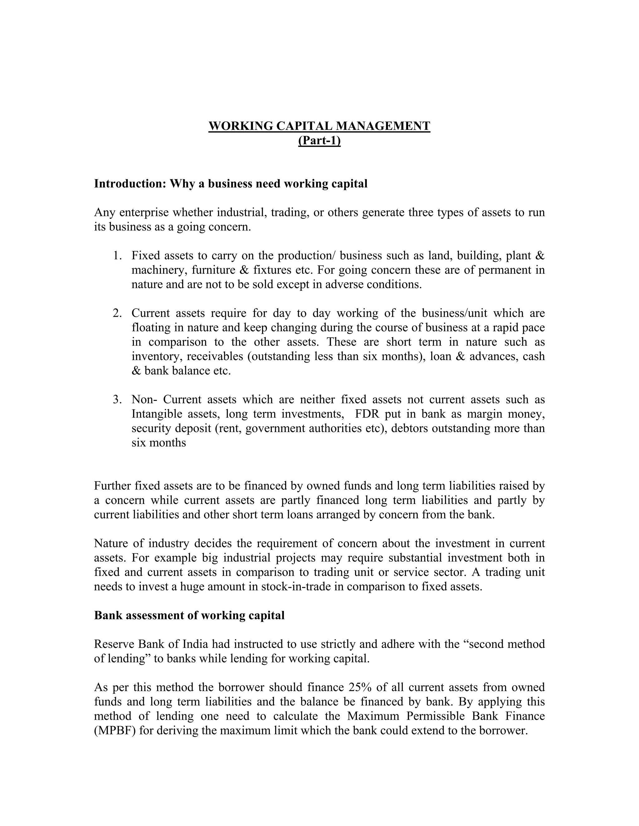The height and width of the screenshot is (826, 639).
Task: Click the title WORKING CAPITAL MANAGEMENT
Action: (x=319, y=126)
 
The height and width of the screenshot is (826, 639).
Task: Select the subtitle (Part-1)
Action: (x=319, y=140)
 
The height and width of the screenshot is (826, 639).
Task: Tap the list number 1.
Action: (x=117, y=256)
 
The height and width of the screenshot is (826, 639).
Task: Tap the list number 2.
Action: (x=117, y=313)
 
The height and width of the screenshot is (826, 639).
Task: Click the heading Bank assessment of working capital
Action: (x=189, y=615)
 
